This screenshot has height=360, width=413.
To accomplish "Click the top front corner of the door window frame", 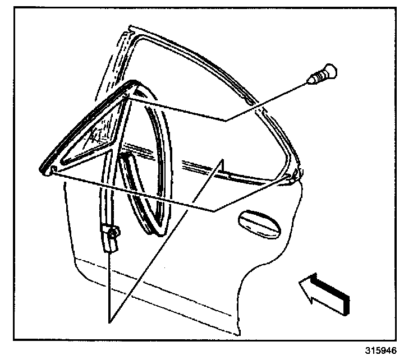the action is pyautogui.click(x=130, y=28).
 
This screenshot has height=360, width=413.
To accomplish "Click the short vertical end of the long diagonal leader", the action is pyautogui.click(x=223, y=165).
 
